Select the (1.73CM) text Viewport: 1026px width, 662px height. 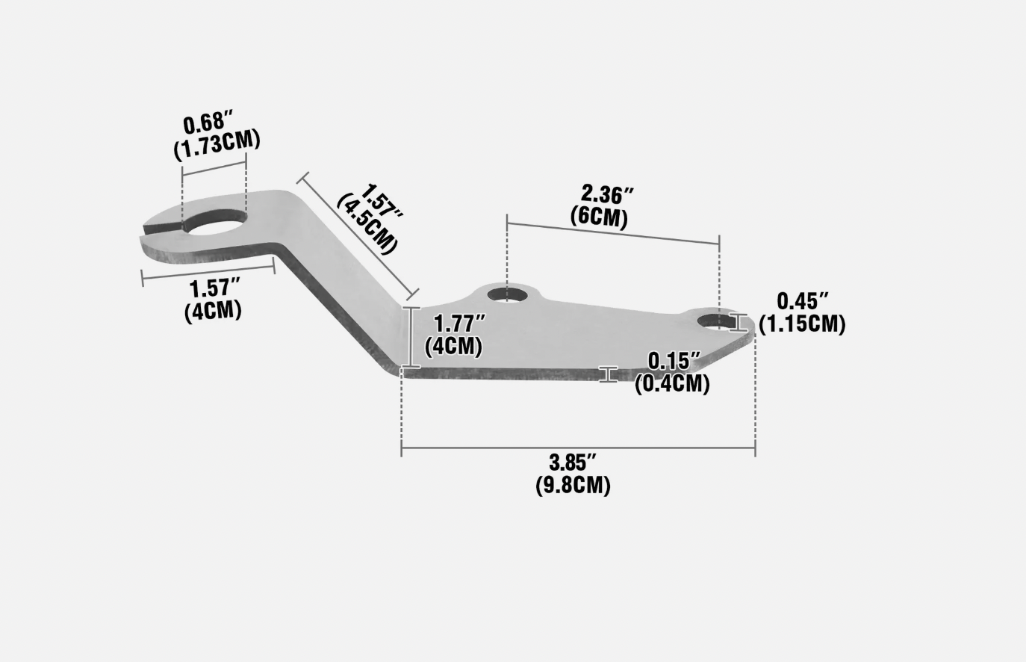(217, 144)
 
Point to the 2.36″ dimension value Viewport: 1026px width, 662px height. (607, 194)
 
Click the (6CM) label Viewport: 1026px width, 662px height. (599, 217)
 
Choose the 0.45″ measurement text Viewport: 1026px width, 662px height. (803, 301)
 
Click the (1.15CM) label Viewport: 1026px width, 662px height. (802, 324)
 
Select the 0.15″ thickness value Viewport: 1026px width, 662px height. (674, 361)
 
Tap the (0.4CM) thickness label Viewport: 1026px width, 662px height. (672, 383)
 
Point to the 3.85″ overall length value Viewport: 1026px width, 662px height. (573, 463)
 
